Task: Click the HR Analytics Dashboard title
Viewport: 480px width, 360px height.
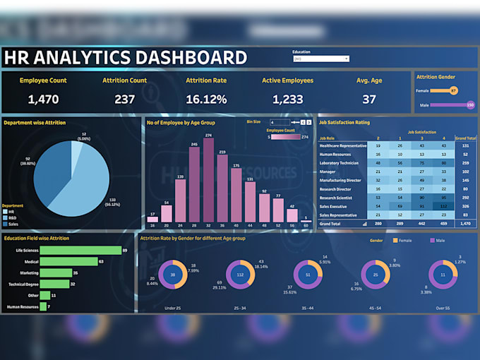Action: [125, 58]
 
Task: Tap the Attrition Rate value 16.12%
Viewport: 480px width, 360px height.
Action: [206, 100]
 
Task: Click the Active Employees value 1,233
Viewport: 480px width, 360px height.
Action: [287, 100]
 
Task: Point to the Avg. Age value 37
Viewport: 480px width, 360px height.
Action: [369, 100]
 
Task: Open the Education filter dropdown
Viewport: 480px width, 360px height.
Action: [320, 59]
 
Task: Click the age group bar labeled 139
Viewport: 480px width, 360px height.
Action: [181, 198]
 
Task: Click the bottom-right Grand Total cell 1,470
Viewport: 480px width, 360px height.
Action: [465, 224]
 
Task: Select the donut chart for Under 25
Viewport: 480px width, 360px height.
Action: [173, 275]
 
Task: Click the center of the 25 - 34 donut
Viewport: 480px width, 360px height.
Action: [240, 275]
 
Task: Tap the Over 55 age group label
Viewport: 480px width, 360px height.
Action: [443, 308]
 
